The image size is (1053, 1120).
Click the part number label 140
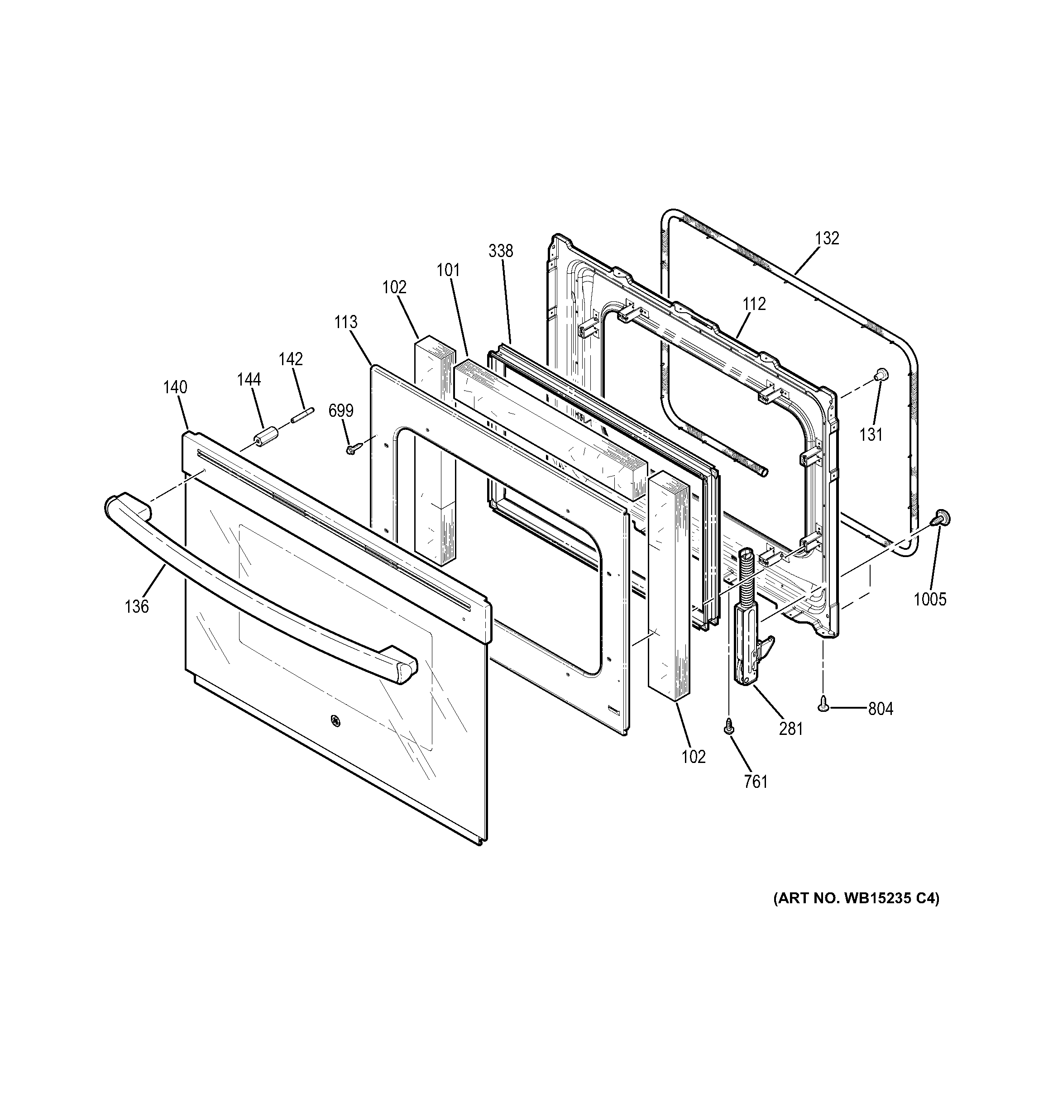point(175,388)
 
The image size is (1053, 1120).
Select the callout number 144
point(249,380)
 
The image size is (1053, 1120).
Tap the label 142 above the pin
point(291,359)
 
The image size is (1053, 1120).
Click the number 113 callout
point(345,322)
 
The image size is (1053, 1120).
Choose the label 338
point(501,251)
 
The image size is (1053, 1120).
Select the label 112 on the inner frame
point(754,304)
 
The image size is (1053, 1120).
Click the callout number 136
point(136,606)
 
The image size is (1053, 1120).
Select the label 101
point(448,271)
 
